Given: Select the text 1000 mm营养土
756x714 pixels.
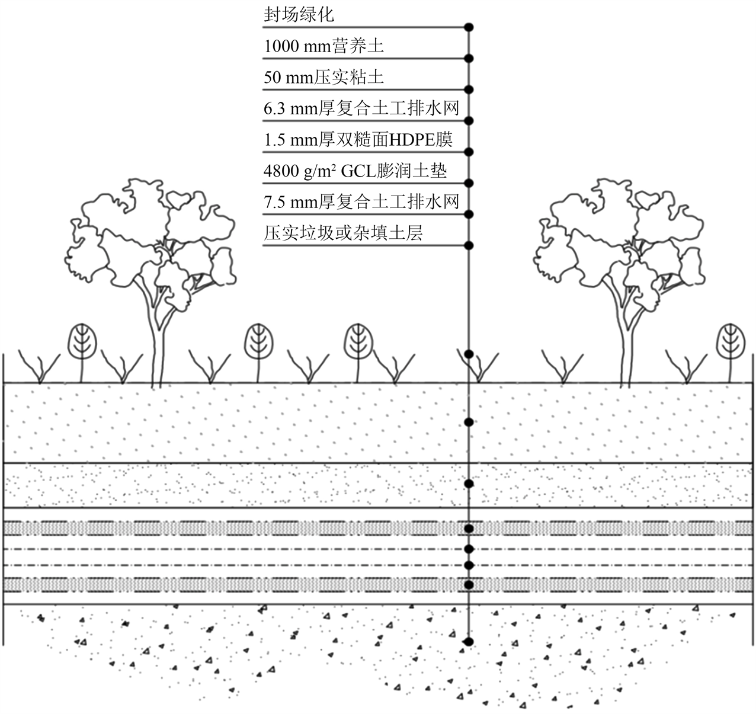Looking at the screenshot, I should click(x=324, y=46).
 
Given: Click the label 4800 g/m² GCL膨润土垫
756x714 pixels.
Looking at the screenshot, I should click(x=355, y=171).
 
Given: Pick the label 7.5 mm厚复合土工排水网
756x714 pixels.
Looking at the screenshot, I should click(x=361, y=202).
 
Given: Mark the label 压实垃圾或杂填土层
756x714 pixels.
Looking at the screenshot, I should click(x=343, y=233).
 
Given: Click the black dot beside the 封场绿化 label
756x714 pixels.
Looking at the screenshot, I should click(x=469, y=27).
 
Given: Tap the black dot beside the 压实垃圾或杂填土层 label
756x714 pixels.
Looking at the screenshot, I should click(x=469, y=245).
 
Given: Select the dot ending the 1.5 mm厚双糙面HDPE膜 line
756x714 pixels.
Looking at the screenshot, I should click(x=469, y=152).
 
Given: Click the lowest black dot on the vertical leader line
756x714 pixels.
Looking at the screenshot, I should click(x=469, y=641).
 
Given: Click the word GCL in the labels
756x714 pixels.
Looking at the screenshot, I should click(x=356, y=171).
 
